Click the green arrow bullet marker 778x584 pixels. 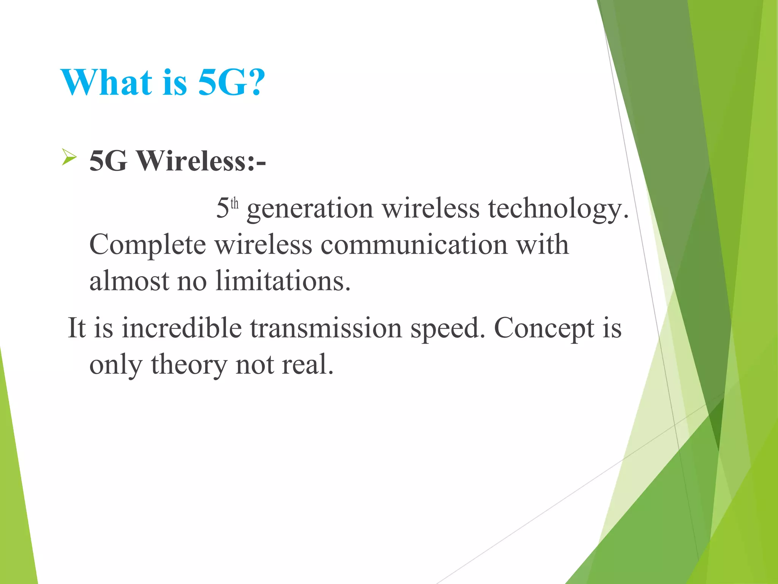click(69, 157)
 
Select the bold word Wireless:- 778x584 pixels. click(201, 161)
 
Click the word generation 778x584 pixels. click(310, 209)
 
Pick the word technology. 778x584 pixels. click(558, 209)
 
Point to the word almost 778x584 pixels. click(129, 281)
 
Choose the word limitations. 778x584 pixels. click(283, 281)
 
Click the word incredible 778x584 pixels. click(182, 328)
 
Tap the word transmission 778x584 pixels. click(326, 328)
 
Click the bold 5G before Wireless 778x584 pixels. click(108, 161)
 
